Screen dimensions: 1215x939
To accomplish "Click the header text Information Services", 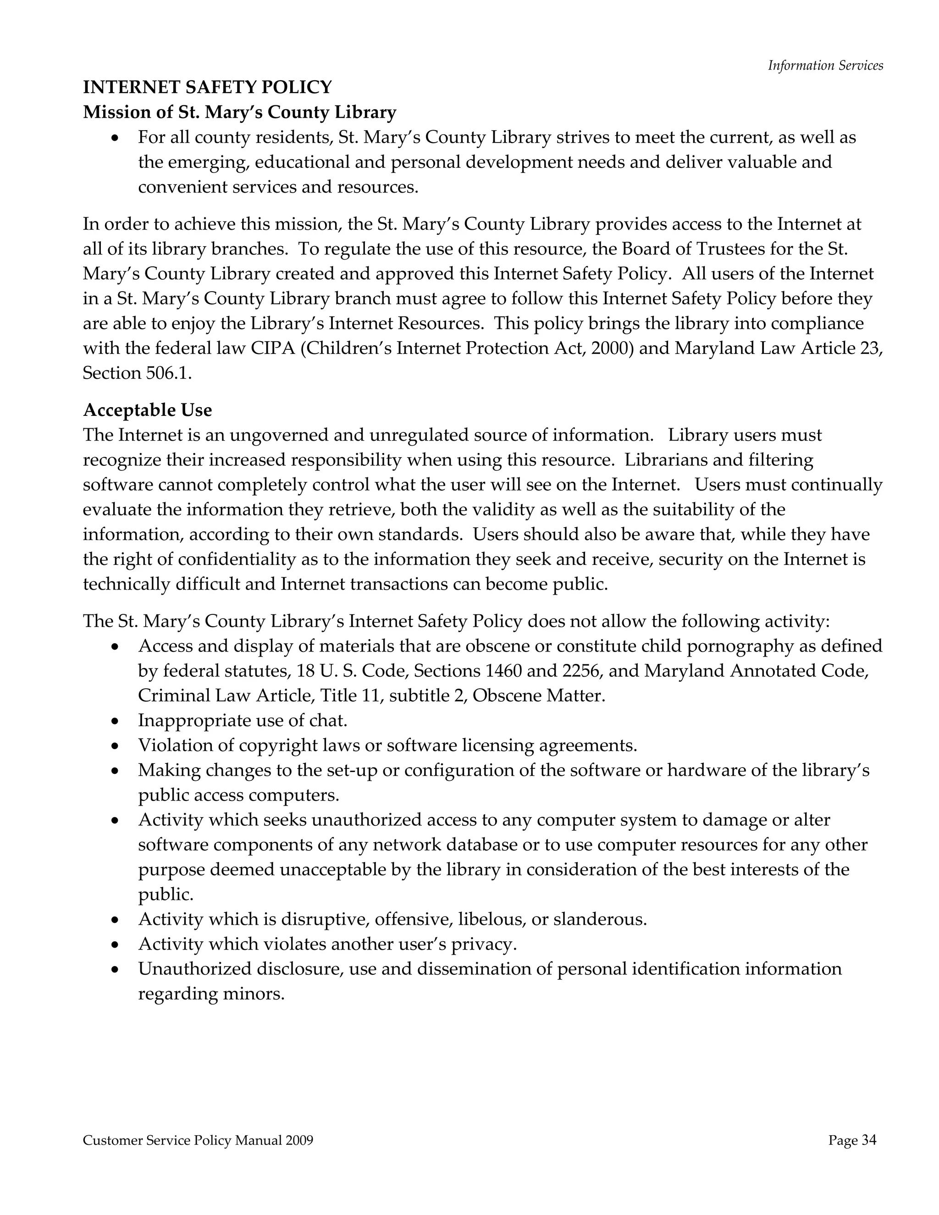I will point(825,66).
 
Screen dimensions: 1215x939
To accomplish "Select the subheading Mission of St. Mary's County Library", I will point(239,112).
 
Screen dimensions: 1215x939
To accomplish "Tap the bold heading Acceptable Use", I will point(148,410).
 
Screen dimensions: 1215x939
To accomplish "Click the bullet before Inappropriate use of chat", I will point(115,722).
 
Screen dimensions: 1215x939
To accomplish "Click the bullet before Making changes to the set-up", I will point(115,771).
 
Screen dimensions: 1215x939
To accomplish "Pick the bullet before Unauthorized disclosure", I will point(115,970).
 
